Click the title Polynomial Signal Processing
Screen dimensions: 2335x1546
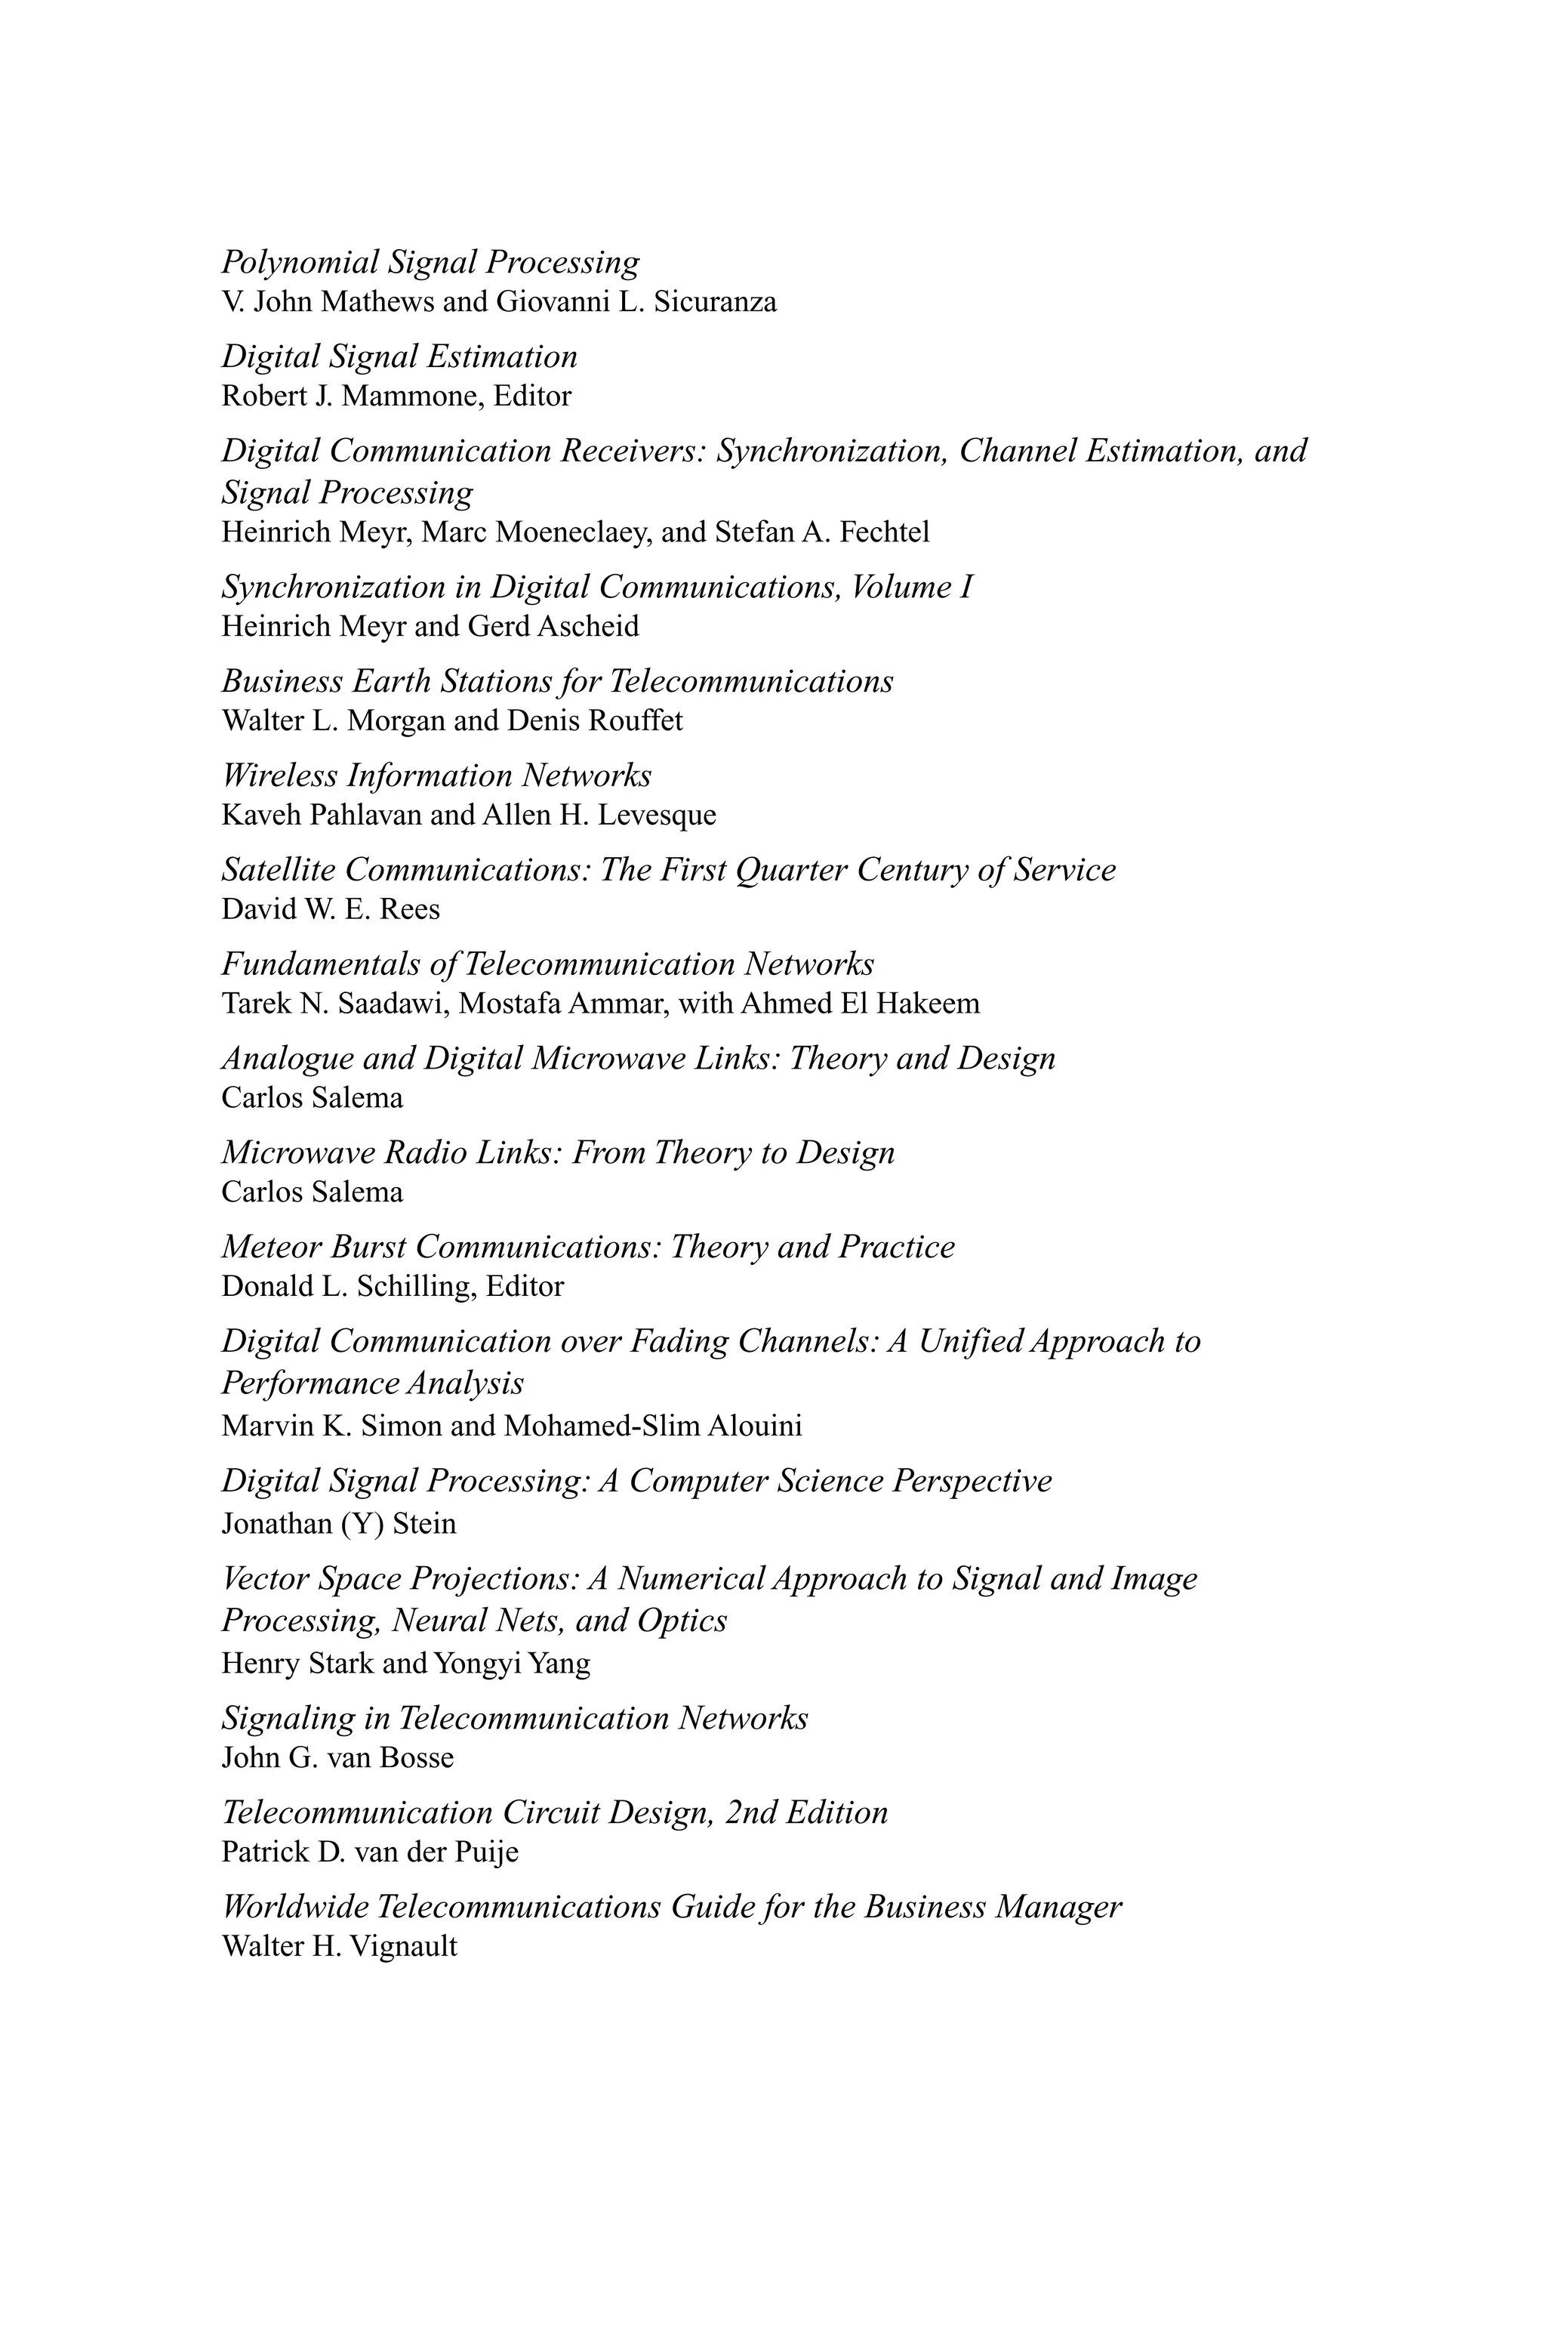coord(430,262)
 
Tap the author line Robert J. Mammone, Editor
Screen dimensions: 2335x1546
coord(396,396)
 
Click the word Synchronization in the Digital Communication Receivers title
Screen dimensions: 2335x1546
coord(831,451)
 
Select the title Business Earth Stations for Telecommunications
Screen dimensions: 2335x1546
coord(557,681)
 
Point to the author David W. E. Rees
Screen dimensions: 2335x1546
coord(331,909)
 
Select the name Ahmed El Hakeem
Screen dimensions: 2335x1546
coord(860,1004)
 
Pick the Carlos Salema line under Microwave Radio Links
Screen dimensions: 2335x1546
coord(312,1192)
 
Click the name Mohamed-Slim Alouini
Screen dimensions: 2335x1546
coord(653,1426)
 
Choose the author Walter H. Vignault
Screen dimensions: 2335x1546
coord(339,1947)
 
